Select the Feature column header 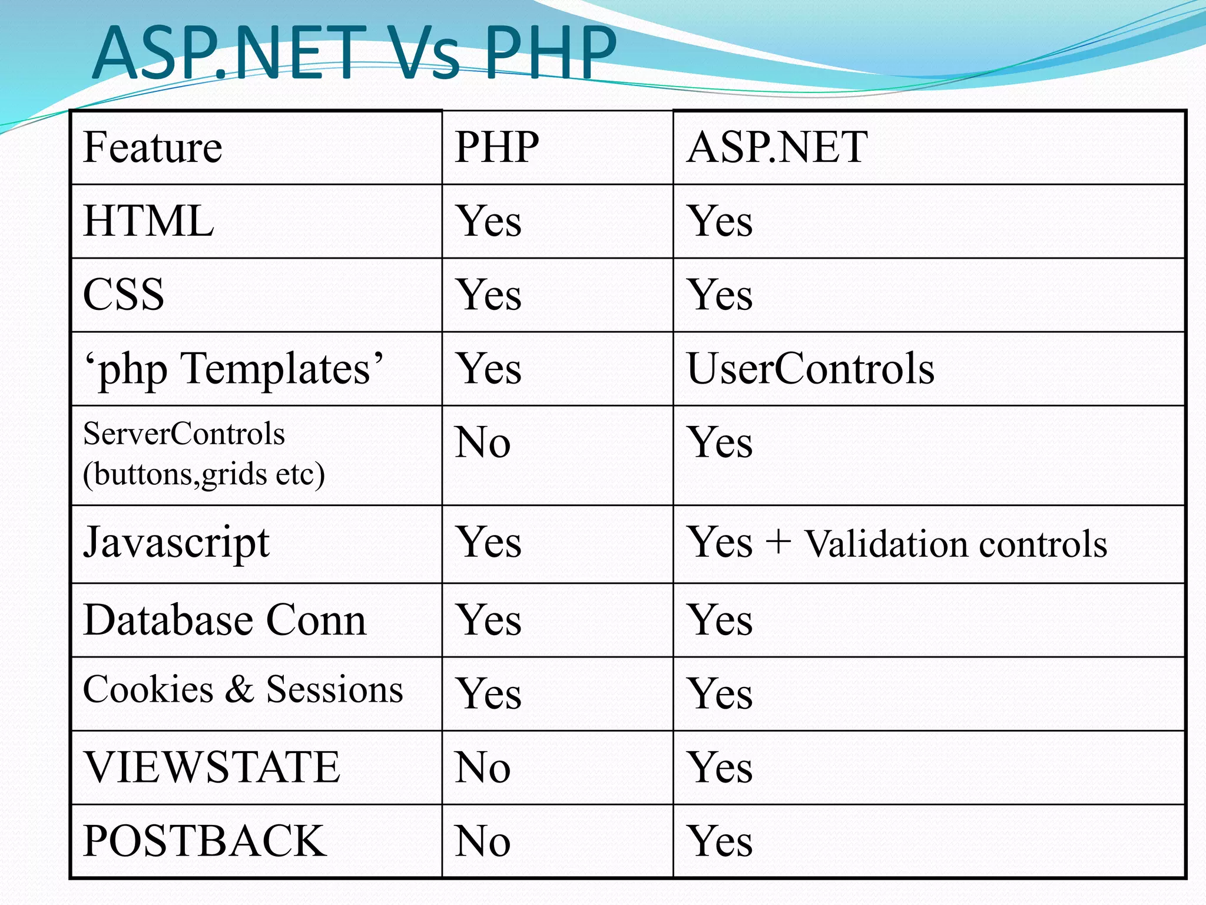coord(153,147)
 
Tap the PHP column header coord(496,147)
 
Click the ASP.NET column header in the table coord(777,147)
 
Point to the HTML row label coord(148,221)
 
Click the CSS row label coord(124,295)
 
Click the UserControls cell coord(810,369)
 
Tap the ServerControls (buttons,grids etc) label coord(204,454)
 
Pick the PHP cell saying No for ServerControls coord(482,442)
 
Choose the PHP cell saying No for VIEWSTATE coord(482,768)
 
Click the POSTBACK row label coord(204,841)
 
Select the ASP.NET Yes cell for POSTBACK coord(720,841)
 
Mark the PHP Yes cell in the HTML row coord(489,222)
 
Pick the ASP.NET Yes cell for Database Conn coord(720,620)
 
